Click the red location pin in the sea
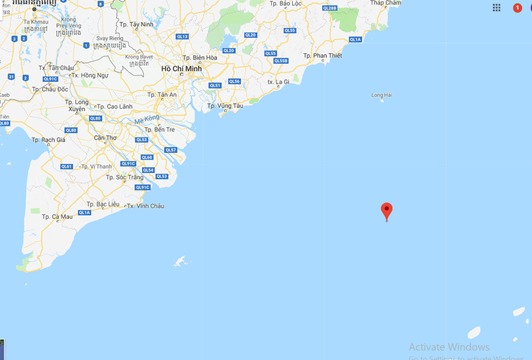[x=386, y=211]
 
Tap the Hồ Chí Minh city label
[x=182, y=69]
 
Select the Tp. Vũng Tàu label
[x=225, y=106]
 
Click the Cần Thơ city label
[x=105, y=137]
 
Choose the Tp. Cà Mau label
[x=57, y=217]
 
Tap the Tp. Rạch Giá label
[x=49, y=140]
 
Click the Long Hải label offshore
[x=381, y=95]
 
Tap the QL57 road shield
[x=171, y=150]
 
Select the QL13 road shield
[x=182, y=36]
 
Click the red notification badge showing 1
[x=517, y=7]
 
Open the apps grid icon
[x=497, y=7]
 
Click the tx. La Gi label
[x=279, y=81]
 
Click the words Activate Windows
[x=449, y=347]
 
